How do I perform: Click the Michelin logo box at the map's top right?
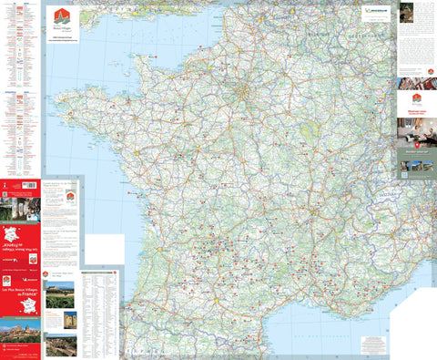point(375,11)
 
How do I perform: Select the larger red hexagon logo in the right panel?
point(416,98)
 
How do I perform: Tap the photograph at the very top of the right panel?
point(407,10)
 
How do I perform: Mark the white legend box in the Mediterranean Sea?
point(373,345)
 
